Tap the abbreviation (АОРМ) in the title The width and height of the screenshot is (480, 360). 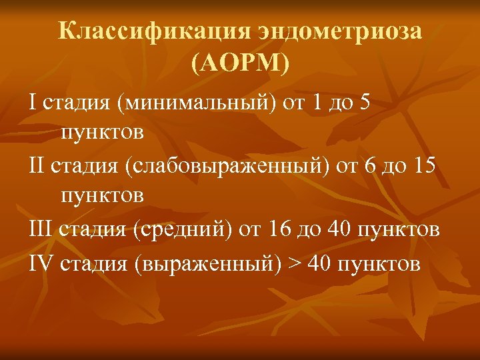pos(240,64)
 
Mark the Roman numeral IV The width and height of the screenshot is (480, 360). pos(41,262)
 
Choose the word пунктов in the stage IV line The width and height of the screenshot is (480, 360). pos(379,263)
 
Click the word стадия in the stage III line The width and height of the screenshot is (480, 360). pos(95,231)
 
